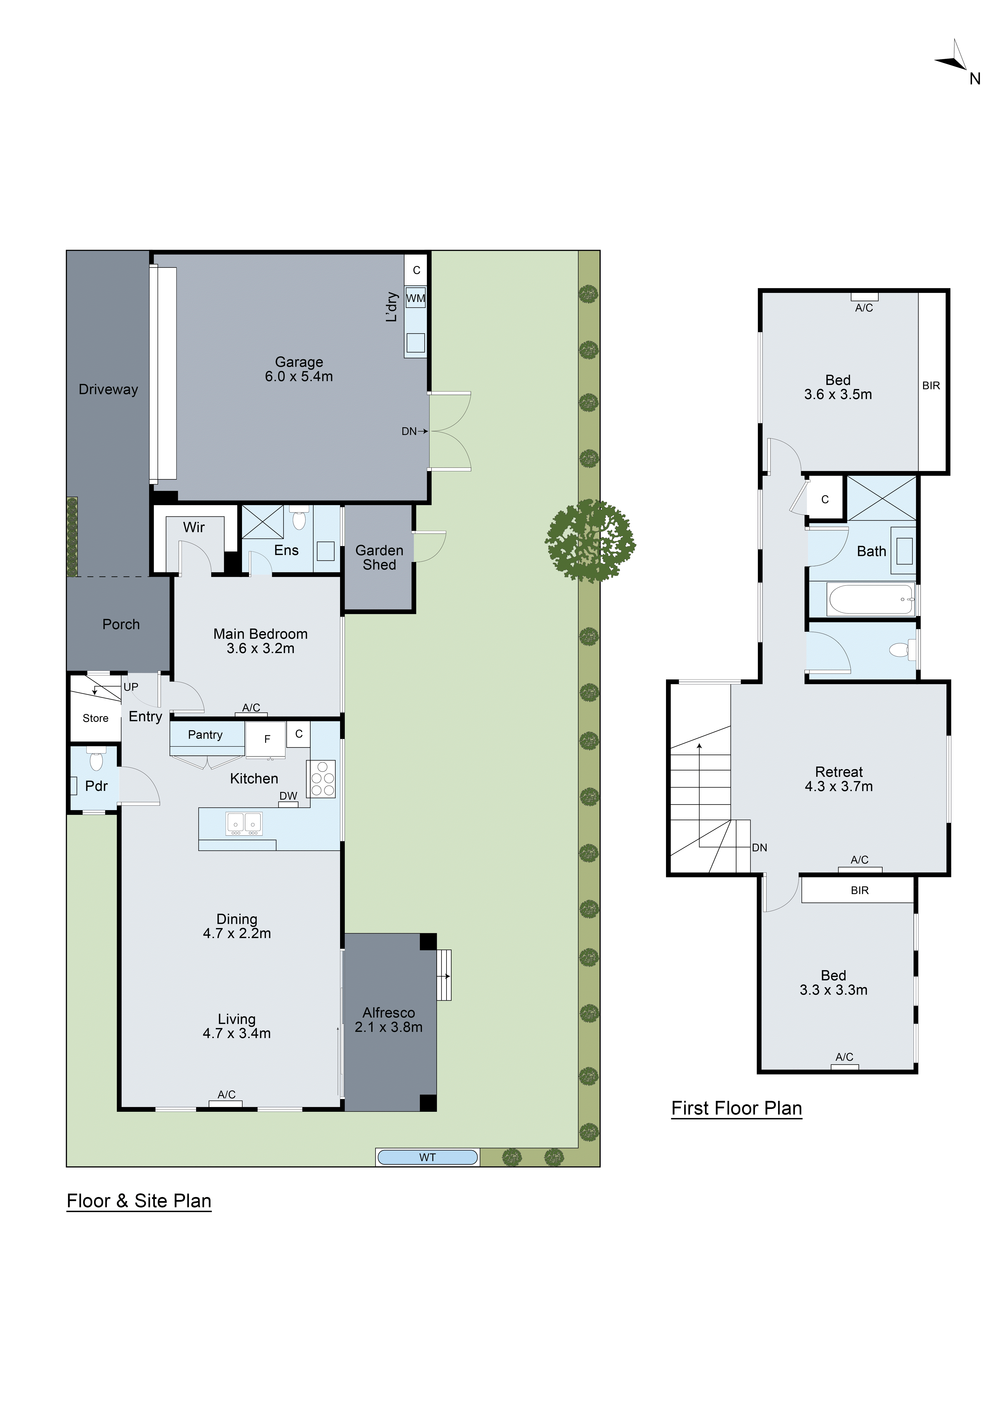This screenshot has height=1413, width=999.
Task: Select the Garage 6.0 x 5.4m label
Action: [x=299, y=369]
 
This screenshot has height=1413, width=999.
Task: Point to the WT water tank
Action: [x=428, y=1157]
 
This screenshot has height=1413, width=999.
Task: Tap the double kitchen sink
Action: [x=244, y=823]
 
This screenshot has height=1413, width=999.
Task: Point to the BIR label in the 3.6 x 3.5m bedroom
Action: [x=931, y=386]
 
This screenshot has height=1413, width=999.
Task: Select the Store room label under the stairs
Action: [x=95, y=718]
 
